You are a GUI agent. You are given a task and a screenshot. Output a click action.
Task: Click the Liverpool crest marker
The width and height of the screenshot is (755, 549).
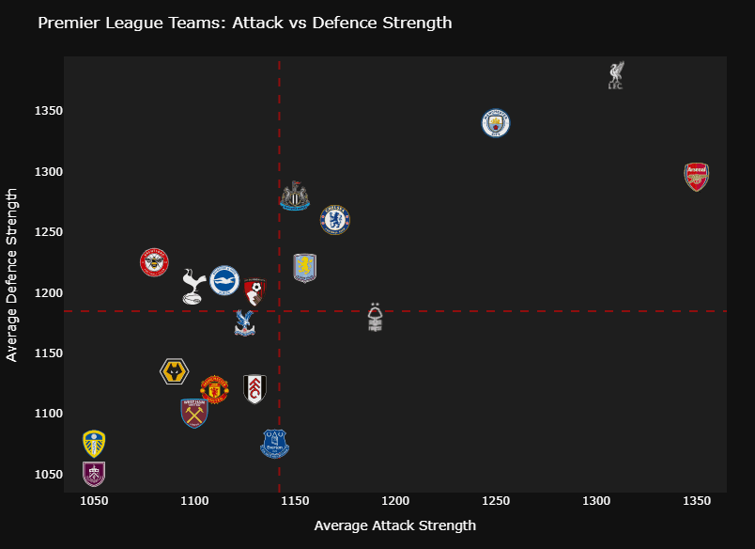(616, 75)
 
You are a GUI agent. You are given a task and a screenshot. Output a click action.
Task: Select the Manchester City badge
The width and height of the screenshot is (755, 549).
(495, 122)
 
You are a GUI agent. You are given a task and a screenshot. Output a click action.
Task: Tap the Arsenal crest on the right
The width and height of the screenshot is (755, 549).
(696, 177)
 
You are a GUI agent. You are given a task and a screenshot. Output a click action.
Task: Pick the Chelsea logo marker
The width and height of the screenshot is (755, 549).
(334, 220)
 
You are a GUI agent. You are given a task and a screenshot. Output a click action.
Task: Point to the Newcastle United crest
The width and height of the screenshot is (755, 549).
(295, 196)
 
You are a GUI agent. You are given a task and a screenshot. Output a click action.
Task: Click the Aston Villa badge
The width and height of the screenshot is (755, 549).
(304, 267)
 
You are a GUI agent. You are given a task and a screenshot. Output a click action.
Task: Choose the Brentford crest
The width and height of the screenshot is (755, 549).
(154, 262)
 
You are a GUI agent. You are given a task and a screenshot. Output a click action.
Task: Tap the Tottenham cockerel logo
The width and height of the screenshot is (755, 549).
(193, 286)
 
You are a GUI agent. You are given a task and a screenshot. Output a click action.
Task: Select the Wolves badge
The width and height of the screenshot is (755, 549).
(174, 371)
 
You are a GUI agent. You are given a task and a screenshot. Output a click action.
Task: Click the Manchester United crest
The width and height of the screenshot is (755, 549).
(214, 388)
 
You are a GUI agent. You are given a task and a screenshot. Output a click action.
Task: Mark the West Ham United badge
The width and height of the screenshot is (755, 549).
(194, 413)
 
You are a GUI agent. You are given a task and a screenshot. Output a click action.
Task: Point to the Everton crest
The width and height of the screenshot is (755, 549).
(274, 443)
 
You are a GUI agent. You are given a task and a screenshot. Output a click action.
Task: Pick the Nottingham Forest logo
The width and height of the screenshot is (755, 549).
(376, 318)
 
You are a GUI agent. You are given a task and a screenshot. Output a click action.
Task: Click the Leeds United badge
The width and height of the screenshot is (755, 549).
(94, 443)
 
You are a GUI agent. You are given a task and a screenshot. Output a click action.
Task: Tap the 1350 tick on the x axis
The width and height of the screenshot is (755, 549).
(696, 500)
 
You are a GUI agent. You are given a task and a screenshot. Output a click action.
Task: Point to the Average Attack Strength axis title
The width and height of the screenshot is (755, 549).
(394, 525)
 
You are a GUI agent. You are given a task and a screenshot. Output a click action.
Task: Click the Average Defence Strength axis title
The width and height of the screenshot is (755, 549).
(12, 274)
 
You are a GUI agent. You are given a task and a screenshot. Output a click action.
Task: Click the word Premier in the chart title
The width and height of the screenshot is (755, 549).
(68, 23)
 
